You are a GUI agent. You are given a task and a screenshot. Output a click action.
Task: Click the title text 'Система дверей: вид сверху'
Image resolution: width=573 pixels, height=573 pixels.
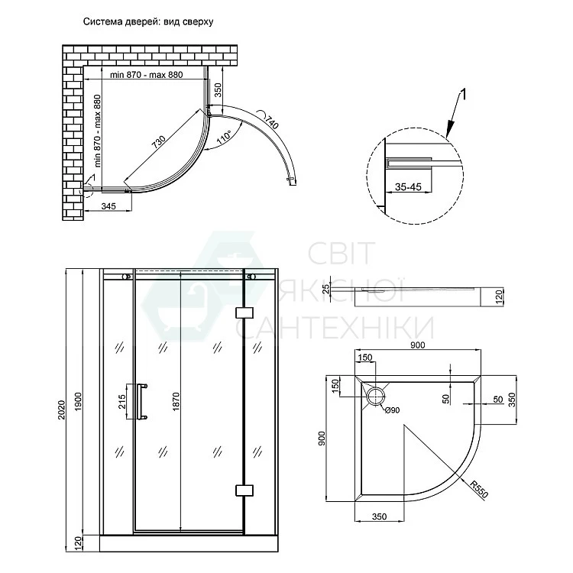pos(148,21)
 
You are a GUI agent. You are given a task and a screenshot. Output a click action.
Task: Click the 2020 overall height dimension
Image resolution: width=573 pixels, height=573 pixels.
pos(61,410)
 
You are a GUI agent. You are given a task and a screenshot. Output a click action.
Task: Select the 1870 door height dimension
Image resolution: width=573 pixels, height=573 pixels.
pos(176,402)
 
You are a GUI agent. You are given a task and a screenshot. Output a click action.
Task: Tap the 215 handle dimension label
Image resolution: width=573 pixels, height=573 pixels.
pos(121,401)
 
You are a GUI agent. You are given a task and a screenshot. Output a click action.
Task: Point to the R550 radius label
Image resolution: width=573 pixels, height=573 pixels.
pos(479,490)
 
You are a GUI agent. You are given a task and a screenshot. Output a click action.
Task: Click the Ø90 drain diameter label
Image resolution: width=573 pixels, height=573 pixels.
pos(392,410)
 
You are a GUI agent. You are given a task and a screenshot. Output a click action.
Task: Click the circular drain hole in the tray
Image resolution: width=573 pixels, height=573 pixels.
pos(376,396)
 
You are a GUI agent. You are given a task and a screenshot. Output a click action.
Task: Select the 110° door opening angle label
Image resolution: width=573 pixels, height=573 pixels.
pos(224,136)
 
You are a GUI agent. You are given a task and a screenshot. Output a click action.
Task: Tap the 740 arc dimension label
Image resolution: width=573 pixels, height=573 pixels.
pos(271,122)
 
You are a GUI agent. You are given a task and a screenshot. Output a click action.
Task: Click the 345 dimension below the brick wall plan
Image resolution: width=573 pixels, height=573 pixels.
pos(108,206)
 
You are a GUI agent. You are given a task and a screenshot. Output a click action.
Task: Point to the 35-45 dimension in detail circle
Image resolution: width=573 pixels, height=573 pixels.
pos(408,187)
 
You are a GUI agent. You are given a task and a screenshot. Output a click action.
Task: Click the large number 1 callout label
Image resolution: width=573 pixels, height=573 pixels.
pos(462,95)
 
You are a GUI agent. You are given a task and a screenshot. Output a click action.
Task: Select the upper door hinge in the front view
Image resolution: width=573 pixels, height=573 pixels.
pos(244,312)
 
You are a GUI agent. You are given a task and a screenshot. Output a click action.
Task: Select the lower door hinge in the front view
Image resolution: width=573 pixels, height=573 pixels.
pos(244,490)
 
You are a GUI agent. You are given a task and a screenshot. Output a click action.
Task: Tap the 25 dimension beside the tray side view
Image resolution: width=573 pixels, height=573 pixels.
pos(326,289)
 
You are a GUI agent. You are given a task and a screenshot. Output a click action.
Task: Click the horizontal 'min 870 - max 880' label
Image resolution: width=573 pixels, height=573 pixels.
pos(146,75)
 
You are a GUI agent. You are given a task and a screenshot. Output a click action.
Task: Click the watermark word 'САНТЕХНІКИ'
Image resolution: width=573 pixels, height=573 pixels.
pos(335,327)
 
